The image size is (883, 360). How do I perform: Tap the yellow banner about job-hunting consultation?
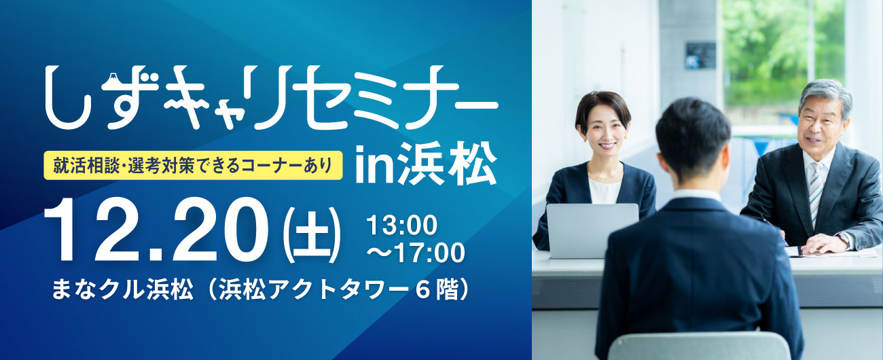point(193,166)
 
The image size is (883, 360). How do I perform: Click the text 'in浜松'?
point(425,164)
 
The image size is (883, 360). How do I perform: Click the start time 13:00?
point(401,225)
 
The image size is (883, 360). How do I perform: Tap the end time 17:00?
point(430,253)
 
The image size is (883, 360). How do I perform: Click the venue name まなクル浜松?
point(122,289)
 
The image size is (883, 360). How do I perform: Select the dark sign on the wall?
point(700,56)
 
